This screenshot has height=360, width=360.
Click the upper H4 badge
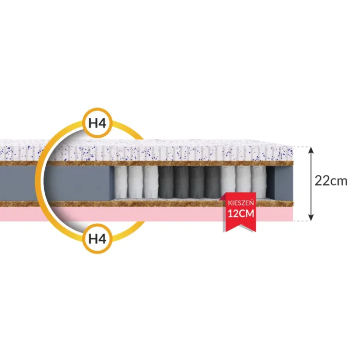click(97, 123)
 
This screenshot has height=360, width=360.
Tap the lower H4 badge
click(97, 238)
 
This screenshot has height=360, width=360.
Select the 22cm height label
click(331, 181)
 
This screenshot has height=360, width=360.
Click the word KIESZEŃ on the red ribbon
click(241, 203)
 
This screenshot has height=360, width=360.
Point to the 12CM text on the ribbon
click(241, 214)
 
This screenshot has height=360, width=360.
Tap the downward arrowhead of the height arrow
click(311, 217)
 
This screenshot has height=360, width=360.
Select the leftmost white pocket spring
click(120, 182)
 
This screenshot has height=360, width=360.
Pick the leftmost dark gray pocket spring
click(166, 182)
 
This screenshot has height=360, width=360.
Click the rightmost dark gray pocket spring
click(212, 182)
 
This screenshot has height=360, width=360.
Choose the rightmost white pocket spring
click(259, 182)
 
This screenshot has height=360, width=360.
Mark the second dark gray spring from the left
click(181, 182)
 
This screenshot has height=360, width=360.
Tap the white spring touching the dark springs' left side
click(151, 182)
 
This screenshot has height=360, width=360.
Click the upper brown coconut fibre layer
click(147, 163)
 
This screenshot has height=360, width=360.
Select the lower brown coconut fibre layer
click(147, 204)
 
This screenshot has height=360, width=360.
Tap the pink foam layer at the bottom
click(147, 214)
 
